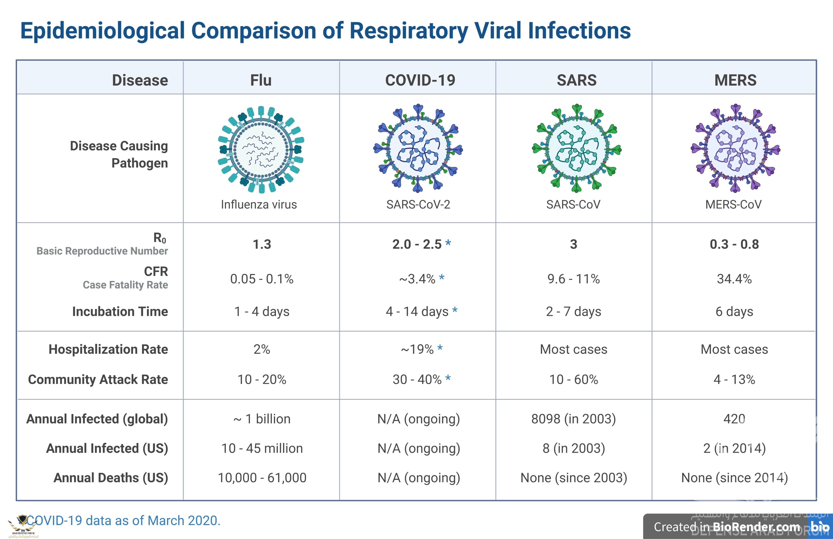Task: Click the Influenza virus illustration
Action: point(261,149)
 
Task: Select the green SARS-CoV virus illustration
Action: point(577,148)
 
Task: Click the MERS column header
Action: point(735,80)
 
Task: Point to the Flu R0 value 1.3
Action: point(262,244)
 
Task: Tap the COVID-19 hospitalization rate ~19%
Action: point(417,349)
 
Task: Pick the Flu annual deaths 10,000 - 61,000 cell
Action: point(262,478)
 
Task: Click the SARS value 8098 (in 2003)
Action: point(574,419)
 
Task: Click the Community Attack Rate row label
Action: point(98,379)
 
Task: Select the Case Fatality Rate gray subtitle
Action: point(125,285)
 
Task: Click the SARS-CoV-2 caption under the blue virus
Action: point(418,204)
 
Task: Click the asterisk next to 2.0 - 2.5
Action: point(448,243)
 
